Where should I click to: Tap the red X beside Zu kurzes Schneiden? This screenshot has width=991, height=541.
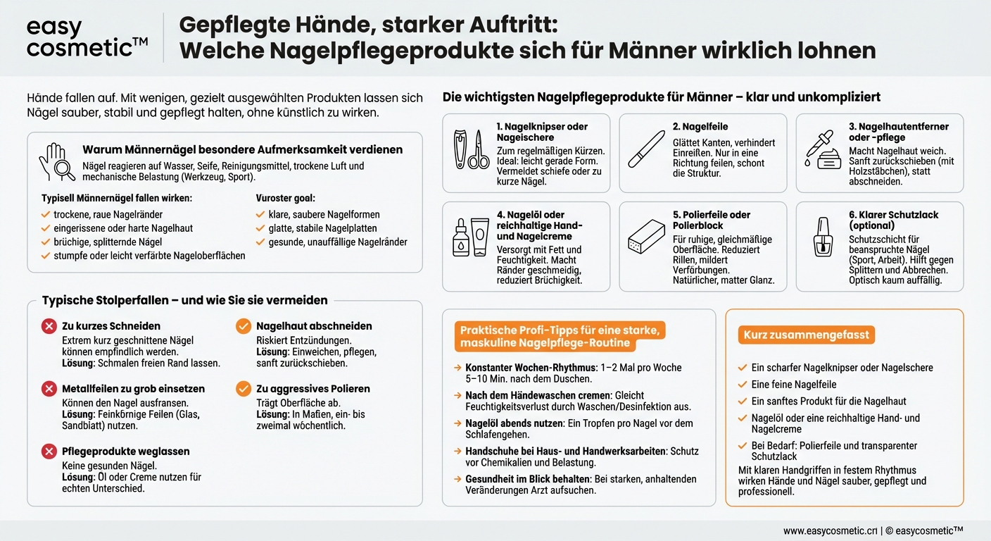coord(49,326)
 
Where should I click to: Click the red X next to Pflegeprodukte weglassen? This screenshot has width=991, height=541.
coord(49,452)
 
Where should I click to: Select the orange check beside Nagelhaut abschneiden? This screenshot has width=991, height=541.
coord(243,326)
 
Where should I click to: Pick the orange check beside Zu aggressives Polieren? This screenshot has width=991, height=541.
coord(243,389)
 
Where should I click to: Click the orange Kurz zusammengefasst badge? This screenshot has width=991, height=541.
coord(806,335)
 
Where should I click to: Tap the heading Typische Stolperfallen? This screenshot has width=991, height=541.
coord(184,300)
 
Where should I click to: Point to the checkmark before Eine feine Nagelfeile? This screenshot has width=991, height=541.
coord(742,385)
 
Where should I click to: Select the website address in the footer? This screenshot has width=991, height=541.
coord(831,530)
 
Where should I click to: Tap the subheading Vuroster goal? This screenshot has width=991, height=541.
coord(286,199)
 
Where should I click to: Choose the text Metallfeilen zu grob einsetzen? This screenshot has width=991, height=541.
coord(133,389)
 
